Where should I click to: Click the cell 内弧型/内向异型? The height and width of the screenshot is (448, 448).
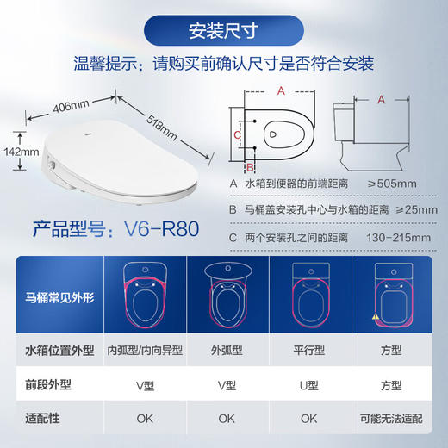point(142,352)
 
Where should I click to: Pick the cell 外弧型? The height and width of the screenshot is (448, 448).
point(226,352)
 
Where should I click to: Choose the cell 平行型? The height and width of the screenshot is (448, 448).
point(308,352)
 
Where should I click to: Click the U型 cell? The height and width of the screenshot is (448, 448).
point(308,386)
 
